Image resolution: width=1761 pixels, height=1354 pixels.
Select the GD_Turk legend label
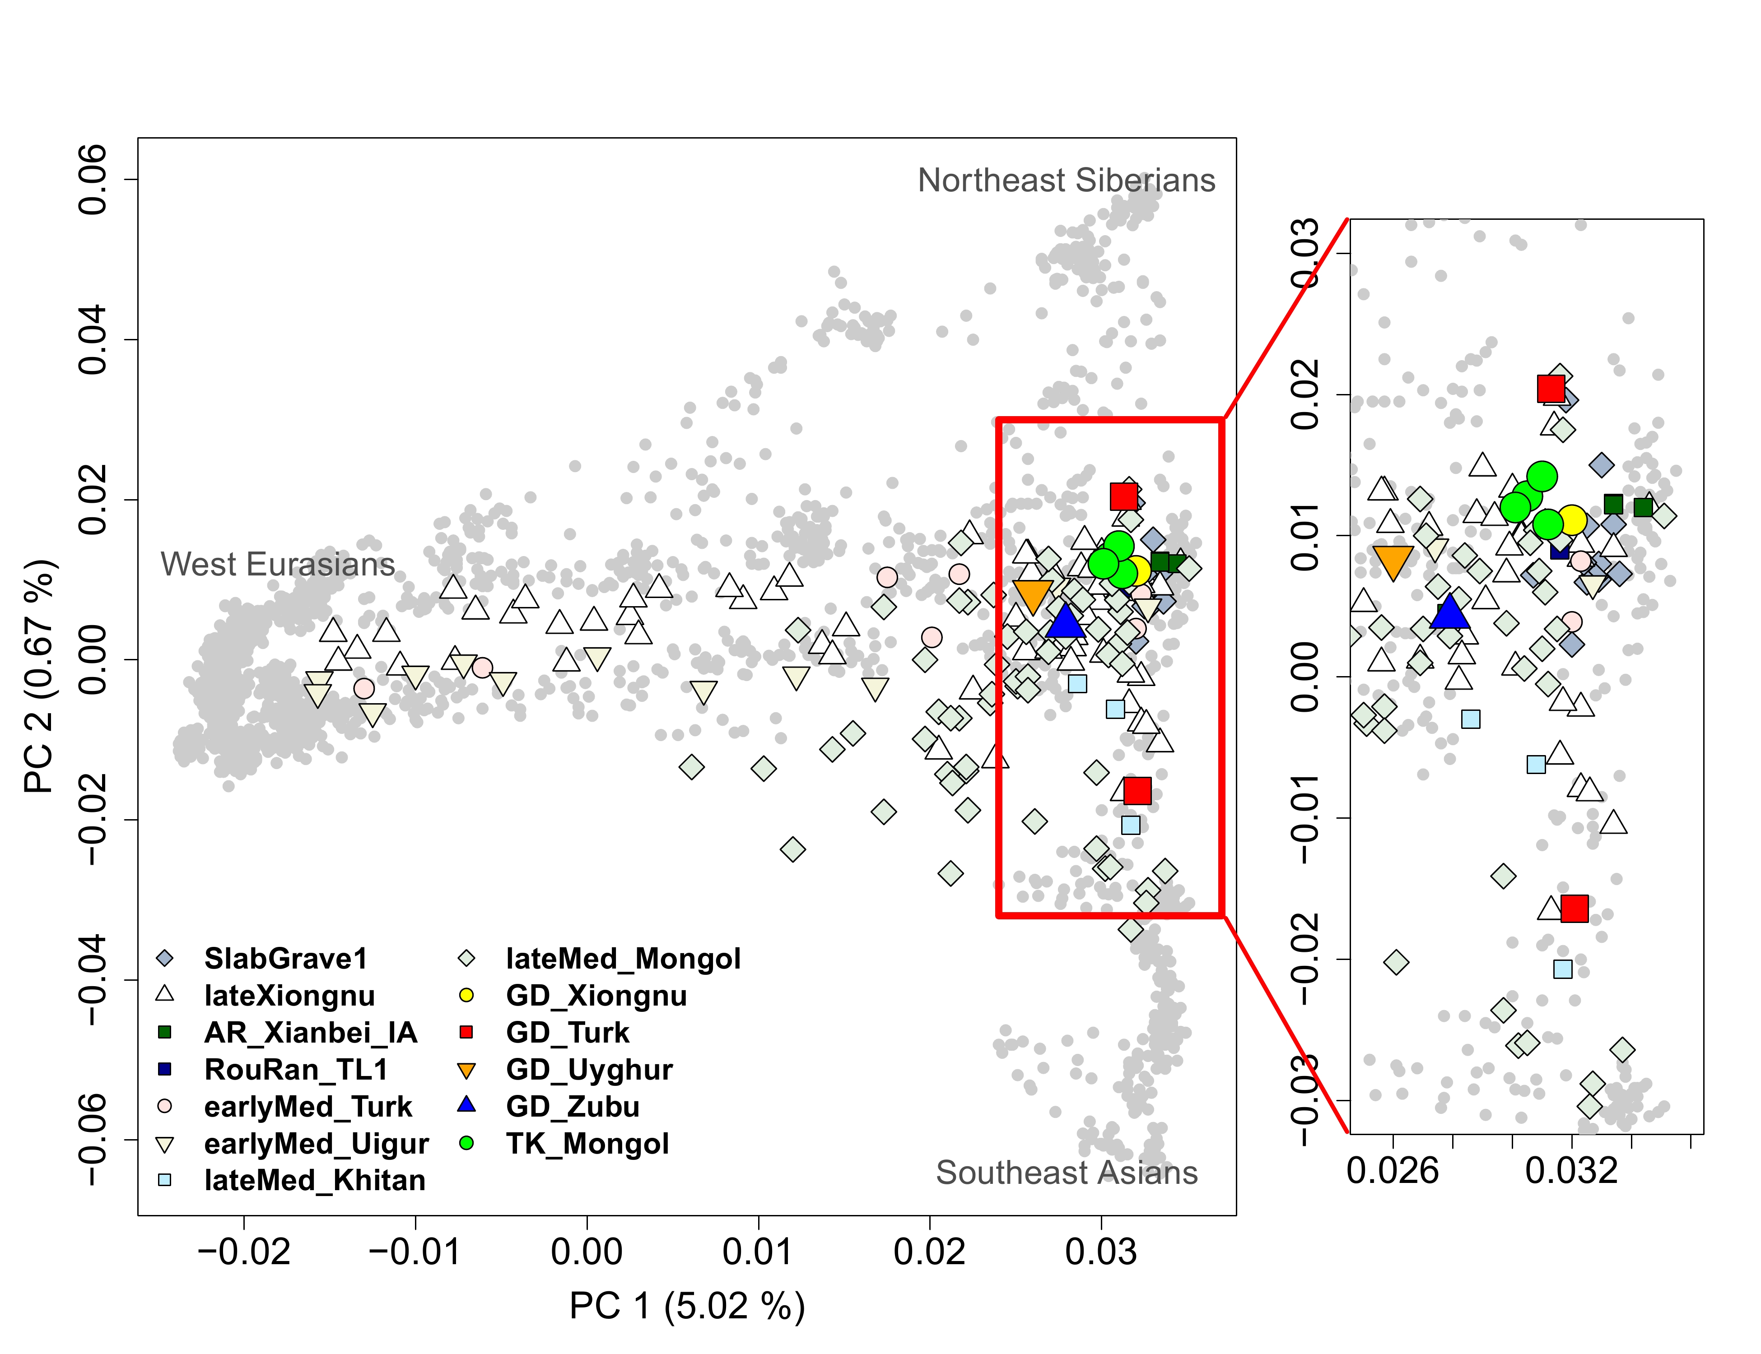point(568,1033)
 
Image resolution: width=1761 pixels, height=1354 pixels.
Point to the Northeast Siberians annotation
point(1066,181)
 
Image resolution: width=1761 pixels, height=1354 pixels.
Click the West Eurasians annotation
point(278,564)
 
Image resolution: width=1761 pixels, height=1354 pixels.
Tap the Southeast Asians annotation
point(1067,1173)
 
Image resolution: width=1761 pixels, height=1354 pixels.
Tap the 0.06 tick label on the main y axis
point(92,180)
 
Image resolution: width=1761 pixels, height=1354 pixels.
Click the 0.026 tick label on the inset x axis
point(1393,1170)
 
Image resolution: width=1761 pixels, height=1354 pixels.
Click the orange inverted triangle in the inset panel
point(1393,562)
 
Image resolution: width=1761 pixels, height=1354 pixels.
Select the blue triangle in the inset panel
point(1450,612)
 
